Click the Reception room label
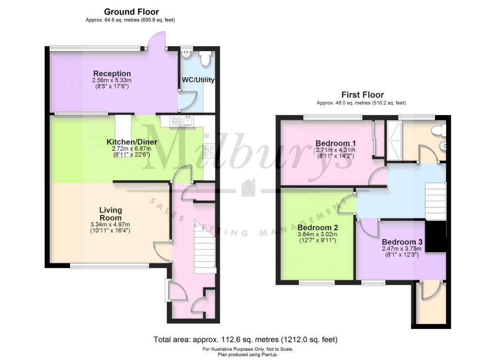pos(112,74)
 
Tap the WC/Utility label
pos(198,80)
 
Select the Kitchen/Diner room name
pos(128,142)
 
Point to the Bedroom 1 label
pos(336,143)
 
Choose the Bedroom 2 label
pos(318,227)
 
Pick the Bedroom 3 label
pos(402,242)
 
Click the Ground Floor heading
pos(132,12)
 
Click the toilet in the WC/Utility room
pos(205,58)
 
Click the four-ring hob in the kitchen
pos(210,151)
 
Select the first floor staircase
pos(435,201)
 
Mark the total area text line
pos(246,340)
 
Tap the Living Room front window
pos(109,266)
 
